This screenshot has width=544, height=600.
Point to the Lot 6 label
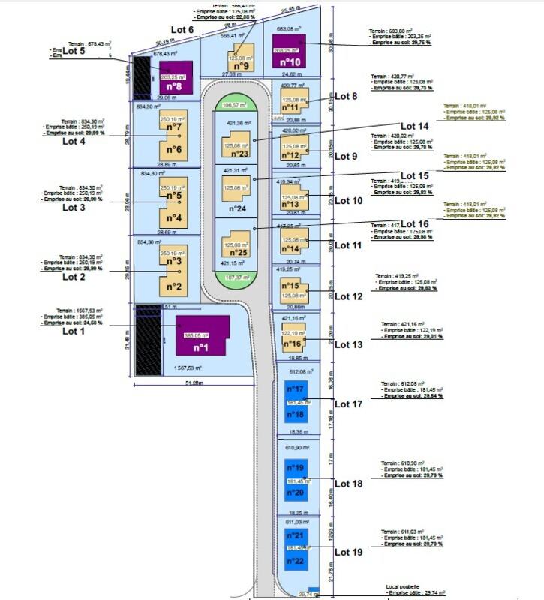(182, 29)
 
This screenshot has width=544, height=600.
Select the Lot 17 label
(348, 403)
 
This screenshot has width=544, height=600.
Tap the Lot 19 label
(348, 552)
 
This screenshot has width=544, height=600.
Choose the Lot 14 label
(415, 126)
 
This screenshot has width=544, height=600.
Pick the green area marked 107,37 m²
(235, 277)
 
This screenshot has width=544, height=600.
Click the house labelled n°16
(293, 340)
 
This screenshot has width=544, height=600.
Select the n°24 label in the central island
(237, 208)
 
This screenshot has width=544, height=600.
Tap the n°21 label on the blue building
(295, 535)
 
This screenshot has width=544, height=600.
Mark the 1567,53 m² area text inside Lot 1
(190, 367)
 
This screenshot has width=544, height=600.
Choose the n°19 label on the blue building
(295, 468)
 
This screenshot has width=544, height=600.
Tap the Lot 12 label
(348, 296)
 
